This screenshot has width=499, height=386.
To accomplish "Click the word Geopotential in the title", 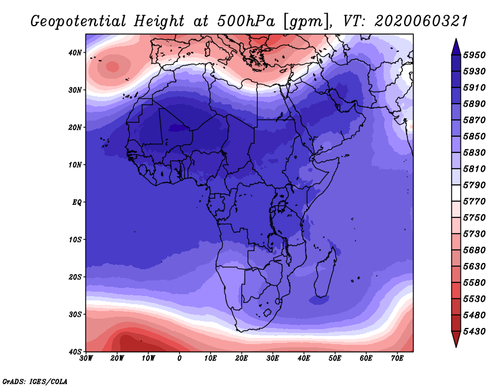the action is click(x=79, y=22).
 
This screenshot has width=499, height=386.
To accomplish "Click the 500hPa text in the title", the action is click(x=246, y=21).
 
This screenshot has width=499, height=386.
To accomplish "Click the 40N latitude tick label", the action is click(x=75, y=52).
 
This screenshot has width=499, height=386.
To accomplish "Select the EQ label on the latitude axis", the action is click(x=77, y=202).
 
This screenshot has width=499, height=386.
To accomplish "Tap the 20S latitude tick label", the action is click(x=75, y=277).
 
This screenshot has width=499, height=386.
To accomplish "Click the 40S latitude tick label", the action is click(x=75, y=352).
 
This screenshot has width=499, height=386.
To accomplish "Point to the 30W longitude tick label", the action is click(x=86, y=359).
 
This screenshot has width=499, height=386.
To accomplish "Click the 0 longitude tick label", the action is click(x=180, y=359).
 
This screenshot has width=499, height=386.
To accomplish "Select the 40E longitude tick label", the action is click(x=304, y=359).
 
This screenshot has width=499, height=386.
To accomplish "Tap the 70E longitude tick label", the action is click(x=397, y=359).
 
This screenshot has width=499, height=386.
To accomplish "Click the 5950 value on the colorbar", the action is click(x=474, y=55).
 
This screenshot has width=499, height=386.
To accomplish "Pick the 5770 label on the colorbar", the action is click(x=474, y=202).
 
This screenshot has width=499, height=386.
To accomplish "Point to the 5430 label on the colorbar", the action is click(x=474, y=332).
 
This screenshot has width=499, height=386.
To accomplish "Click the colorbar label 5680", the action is click(x=474, y=250).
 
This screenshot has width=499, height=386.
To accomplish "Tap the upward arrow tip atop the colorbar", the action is click(x=456, y=39).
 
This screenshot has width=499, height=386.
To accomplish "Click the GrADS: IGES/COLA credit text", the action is click(x=35, y=382).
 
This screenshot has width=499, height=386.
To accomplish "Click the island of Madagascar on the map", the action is click(x=325, y=274).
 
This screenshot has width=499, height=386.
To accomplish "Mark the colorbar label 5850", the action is click(x=474, y=136).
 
